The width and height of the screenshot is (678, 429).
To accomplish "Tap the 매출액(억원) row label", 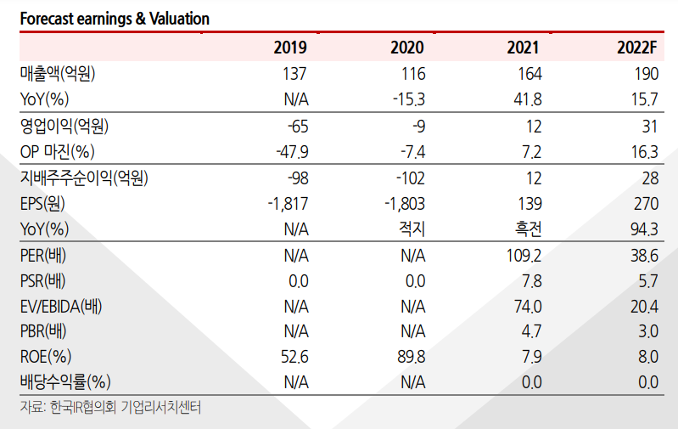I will pyautogui.click(x=58, y=74).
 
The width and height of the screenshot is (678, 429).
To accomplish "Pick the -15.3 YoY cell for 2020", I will pyautogui.click(x=409, y=100).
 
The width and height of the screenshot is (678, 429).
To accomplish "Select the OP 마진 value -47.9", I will pyautogui.click(x=292, y=153).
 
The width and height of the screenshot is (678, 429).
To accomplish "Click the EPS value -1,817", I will pyautogui.click(x=288, y=204).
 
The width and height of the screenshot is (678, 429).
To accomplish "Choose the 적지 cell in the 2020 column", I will pyautogui.click(x=412, y=229).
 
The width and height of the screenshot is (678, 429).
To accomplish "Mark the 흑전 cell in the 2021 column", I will pyautogui.click(x=528, y=229).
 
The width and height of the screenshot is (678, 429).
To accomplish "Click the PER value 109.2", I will pyautogui.click(x=524, y=256).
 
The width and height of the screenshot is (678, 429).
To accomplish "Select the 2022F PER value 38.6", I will pyautogui.click(x=642, y=256).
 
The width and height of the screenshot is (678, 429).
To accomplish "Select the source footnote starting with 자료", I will pyautogui.click(x=110, y=408).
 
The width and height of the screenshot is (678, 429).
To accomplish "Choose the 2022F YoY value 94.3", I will pyautogui.click(x=642, y=229).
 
